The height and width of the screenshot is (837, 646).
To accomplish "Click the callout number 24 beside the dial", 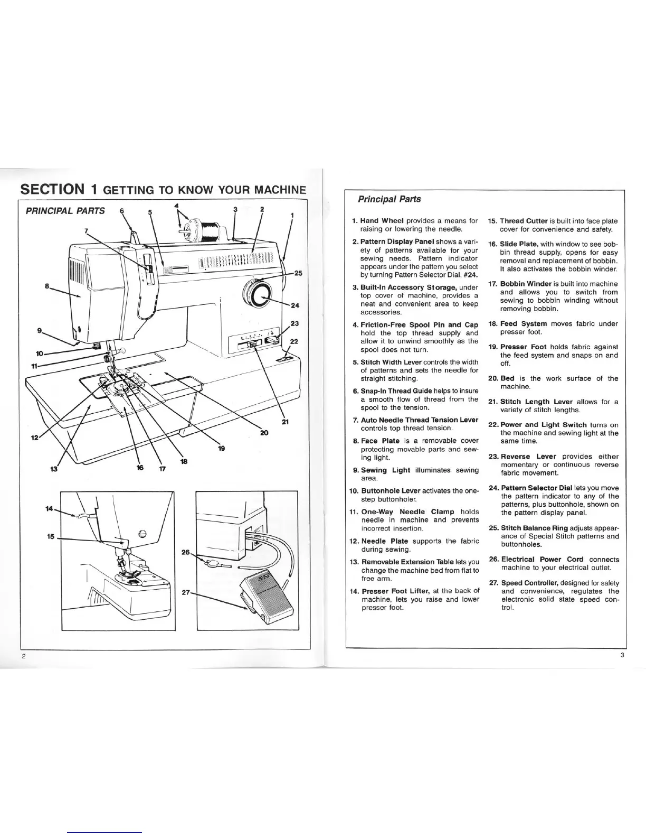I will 295,305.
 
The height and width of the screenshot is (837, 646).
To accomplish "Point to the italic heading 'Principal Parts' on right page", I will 389,199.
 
